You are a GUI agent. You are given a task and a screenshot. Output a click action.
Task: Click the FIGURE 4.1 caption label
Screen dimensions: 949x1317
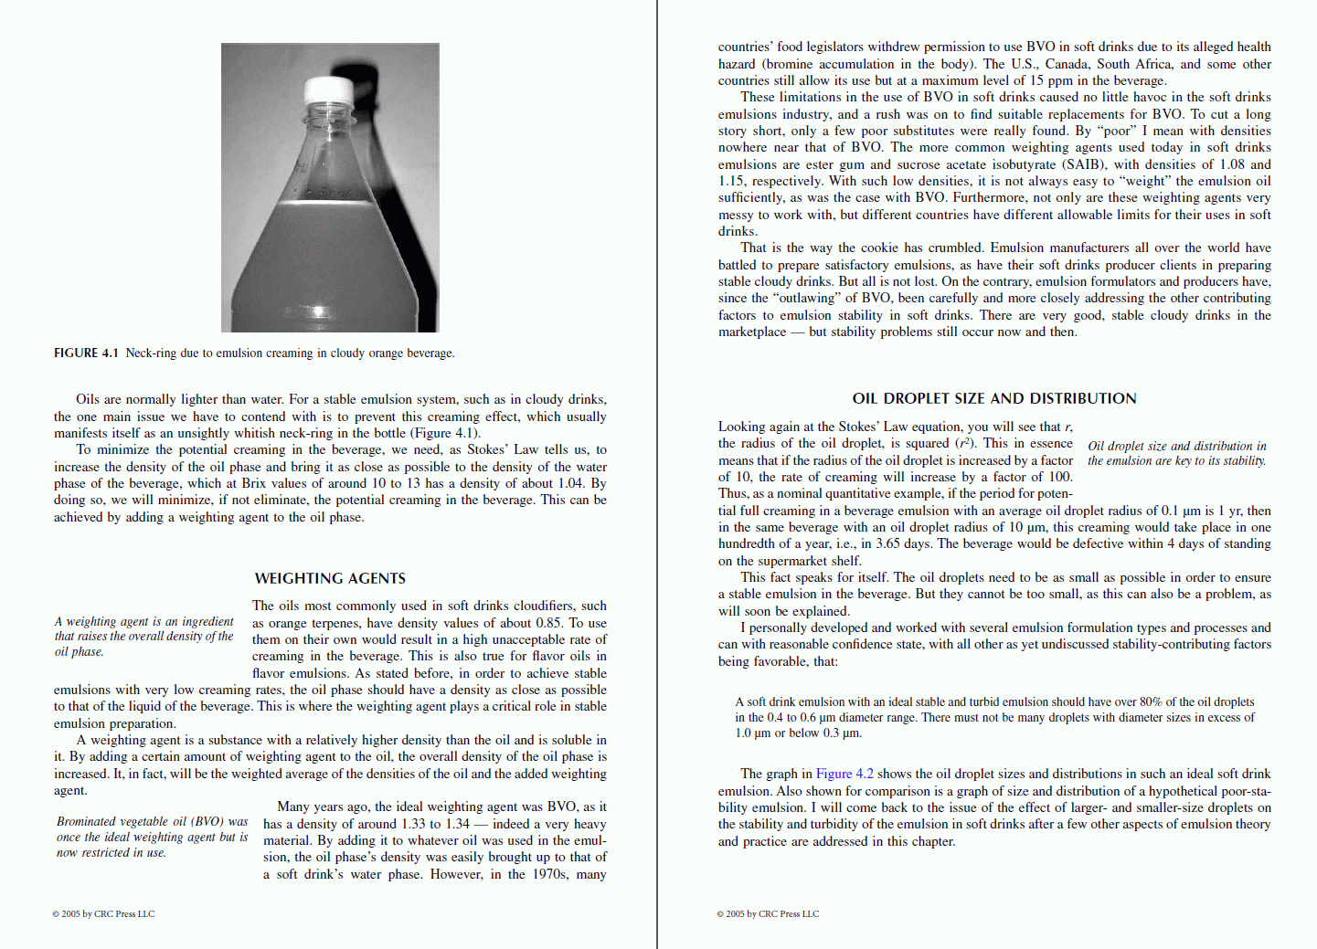pos(86,353)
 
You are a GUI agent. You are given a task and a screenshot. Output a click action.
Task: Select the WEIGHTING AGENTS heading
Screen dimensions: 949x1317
pos(330,578)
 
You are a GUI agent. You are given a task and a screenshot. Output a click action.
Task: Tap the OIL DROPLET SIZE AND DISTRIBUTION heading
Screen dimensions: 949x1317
pos(993,398)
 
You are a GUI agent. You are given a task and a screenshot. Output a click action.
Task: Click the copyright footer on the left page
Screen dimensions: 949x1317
pos(103,913)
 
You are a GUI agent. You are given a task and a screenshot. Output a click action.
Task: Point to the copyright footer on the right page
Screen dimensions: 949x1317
pos(768,913)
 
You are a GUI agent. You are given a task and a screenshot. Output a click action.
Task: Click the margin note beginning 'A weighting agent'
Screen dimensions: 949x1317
pos(144,636)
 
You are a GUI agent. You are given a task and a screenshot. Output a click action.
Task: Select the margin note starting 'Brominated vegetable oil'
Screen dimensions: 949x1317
pos(152,837)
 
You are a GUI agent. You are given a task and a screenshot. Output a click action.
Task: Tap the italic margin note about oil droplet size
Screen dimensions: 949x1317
pos(1176,453)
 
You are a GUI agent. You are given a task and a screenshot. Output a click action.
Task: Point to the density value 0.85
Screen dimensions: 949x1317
pos(548,623)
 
